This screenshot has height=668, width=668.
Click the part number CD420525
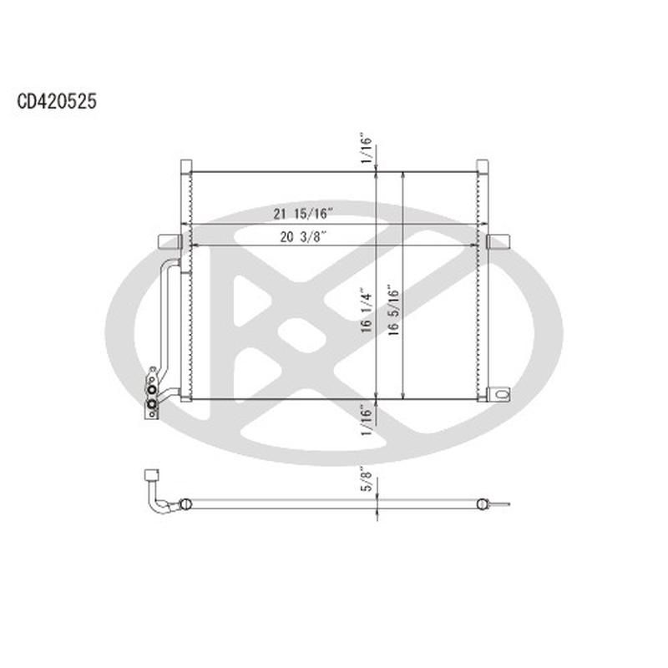57,102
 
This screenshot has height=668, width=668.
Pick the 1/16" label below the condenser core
366,419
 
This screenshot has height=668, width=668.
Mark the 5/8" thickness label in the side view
366,483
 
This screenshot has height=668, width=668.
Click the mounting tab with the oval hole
499,393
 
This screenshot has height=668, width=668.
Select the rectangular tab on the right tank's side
498,241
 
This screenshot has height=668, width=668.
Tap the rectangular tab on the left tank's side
170,241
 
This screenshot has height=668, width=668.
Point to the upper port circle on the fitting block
151,387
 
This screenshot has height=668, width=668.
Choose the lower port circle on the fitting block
151,406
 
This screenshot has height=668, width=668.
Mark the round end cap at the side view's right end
481,504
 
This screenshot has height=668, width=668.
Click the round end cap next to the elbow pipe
185,504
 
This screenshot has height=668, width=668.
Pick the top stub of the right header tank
482,165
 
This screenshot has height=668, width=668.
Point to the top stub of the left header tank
186,165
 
